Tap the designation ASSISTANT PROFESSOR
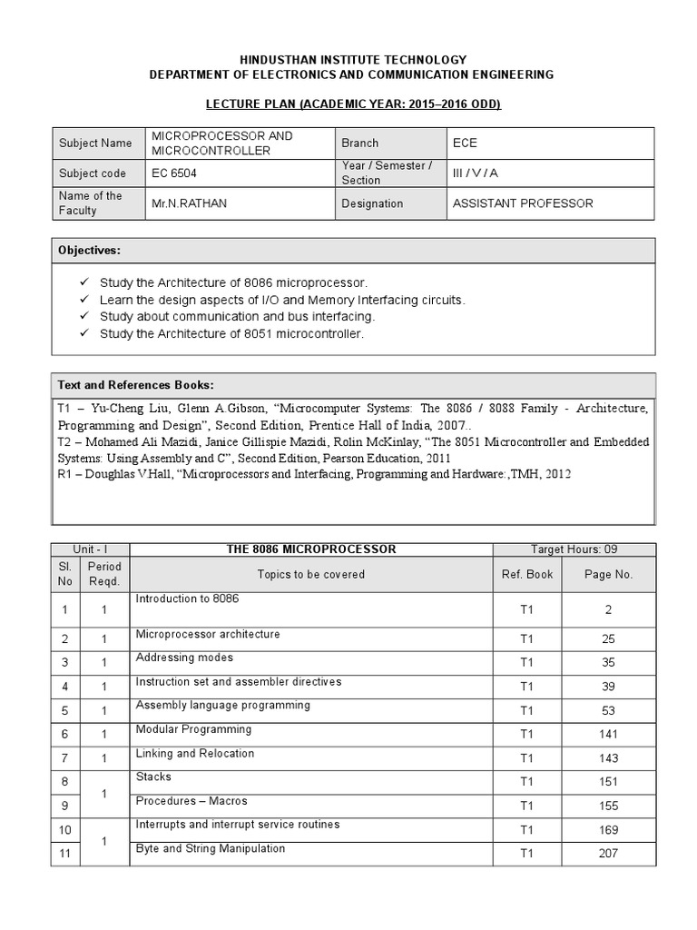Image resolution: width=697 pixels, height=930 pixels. [522, 203]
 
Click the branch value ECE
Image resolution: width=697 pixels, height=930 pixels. [464, 143]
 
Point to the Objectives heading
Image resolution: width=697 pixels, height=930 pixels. [89, 250]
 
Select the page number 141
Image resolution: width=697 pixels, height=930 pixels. [608, 734]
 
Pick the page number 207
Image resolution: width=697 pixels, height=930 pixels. [608, 853]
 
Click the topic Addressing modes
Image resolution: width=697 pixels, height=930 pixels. [184, 658]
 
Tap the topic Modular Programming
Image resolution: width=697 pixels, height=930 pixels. [193, 729]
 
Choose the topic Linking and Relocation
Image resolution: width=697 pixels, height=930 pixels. [195, 753]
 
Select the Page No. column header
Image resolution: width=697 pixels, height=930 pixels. [609, 574]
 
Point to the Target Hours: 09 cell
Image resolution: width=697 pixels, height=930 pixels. [574, 549]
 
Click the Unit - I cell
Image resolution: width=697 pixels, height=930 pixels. [91, 549]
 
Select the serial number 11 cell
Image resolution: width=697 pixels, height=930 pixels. [65, 853]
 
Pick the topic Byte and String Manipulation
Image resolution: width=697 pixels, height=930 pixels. [211, 848]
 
